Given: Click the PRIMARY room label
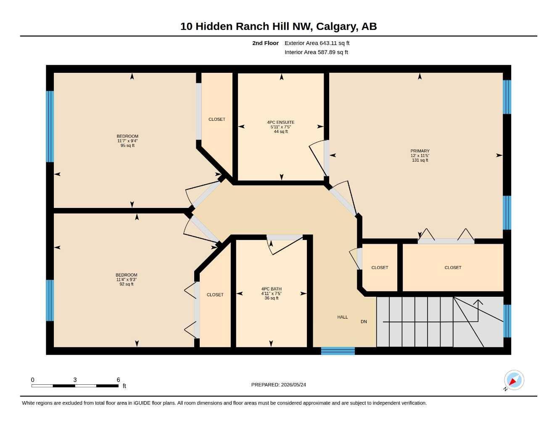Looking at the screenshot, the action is pos(420,151).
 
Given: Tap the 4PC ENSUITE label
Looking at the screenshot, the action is pos(281,122).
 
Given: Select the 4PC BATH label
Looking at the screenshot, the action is pos(272,289).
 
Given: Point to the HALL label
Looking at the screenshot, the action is pos(343,317).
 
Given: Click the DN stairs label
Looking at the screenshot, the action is pos(364,322).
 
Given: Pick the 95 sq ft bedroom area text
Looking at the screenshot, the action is pos(127,146).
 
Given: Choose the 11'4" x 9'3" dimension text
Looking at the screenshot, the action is pos(127,279).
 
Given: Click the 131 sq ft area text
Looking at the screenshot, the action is pos(420,160).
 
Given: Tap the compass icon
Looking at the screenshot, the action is pos(514,380).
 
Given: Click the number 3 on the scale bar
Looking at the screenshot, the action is pos(75,380).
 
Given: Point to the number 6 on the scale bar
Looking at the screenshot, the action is pos(118,380).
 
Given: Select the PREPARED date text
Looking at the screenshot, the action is pos(278,385).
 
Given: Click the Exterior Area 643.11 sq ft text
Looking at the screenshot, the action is pos(317,43).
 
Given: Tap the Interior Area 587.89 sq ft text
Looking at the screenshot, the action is pos(316,52).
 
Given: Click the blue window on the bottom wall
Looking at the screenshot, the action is pos(338,351).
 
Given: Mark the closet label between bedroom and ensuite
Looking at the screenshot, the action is pos(217,119).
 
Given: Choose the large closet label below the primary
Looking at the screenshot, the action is pos(453,268).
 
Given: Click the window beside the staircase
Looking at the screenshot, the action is pos(507,321).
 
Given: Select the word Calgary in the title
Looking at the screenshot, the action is pos(337,27).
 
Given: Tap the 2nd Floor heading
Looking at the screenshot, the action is pos(265,43).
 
